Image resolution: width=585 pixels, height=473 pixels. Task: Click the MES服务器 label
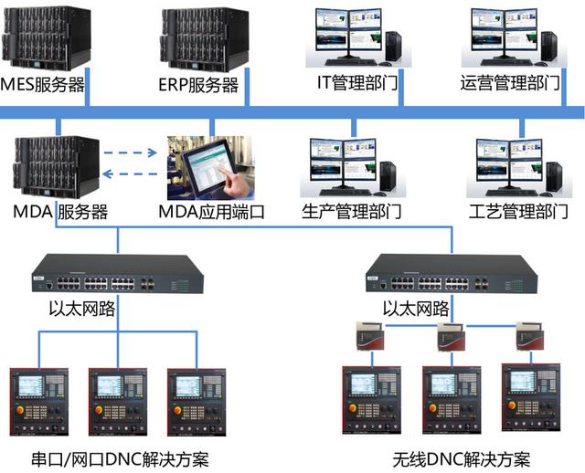[43, 86]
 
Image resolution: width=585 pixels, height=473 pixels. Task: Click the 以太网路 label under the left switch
[81, 308]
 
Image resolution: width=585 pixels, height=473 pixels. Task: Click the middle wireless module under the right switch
[452, 336]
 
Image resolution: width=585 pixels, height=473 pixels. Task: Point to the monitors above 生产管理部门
[343, 164]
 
